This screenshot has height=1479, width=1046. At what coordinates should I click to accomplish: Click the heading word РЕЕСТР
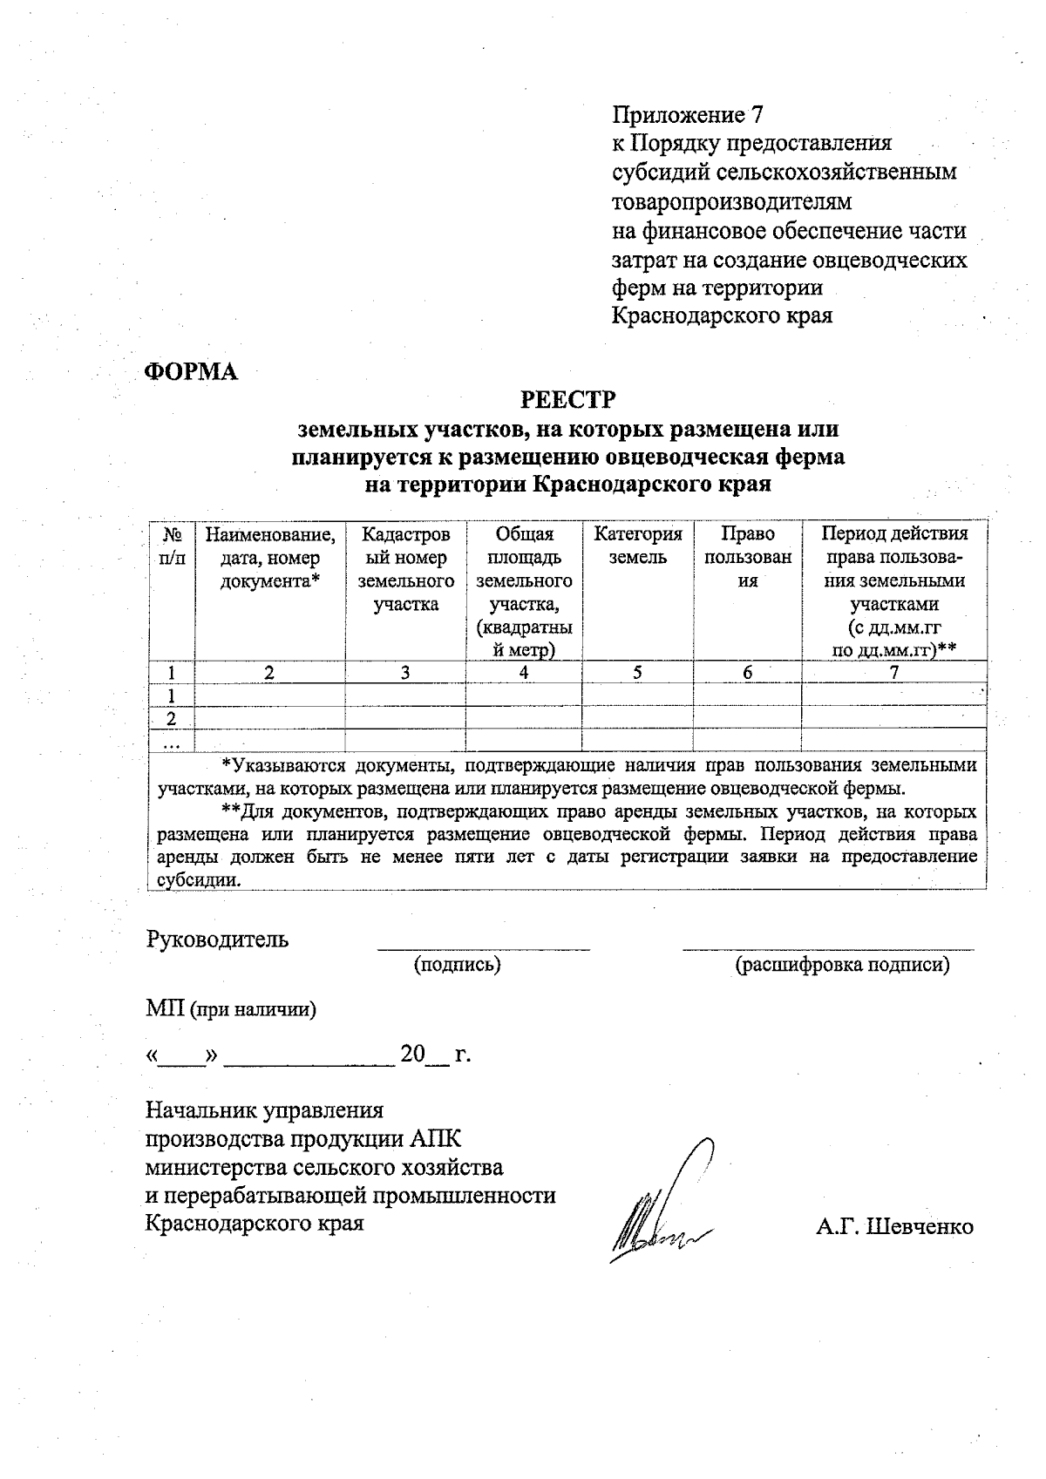pyautogui.click(x=567, y=400)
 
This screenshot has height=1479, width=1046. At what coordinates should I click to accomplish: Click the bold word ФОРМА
pyautogui.click(x=191, y=372)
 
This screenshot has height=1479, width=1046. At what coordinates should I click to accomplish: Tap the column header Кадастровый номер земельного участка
pyautogui.click(x=405, y=569)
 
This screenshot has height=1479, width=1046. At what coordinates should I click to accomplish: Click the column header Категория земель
pyautogui.click(x=637, y=546)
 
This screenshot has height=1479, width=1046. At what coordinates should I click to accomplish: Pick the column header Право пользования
pyautogui.click(x=748, y=557)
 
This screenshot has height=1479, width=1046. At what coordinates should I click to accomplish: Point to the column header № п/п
pyautogui.click(x=172, y=546)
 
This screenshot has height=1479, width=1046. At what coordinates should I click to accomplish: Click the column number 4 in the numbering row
pyautogui.click(x=524, y=673)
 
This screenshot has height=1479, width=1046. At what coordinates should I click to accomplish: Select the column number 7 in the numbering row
pyautogui.click(x=893, y=673)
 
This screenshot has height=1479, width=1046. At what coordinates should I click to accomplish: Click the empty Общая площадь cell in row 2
pyautogui.click(x=524, y=718)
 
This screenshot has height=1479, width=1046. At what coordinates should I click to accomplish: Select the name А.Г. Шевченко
pyautogui.click(x=894, y=1226)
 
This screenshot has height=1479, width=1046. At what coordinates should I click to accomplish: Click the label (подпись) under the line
pyautogui.click(x=458, y=965)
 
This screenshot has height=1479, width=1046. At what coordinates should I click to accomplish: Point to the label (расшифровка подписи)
pyautogui.click(x=842, y=965)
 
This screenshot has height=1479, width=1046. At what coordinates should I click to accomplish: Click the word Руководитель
pyautogui.click(x=217, y=940)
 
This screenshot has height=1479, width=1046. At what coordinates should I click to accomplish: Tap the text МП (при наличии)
pyautogui.click(x=231, y=1010)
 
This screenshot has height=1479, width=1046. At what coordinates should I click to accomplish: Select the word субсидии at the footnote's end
pyautogui.click(x=197, y=879)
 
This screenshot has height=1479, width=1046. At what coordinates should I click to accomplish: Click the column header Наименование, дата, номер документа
pyautogui.click(x=269, y=557)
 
